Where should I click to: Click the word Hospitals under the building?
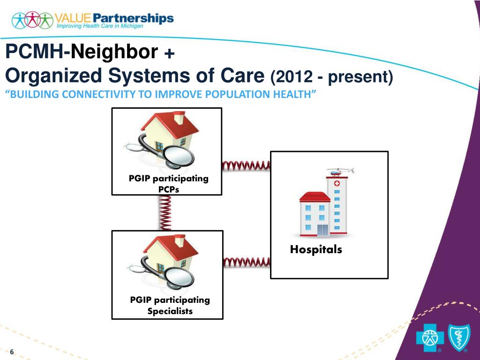click(x=316, y=250)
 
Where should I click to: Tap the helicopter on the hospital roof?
click(x=339, y=172)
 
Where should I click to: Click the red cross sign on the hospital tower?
click(x=336, y=185)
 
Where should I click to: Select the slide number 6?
click(x=12, y=352)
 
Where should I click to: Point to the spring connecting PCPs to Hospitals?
click(x=246, y=165)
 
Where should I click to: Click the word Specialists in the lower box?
click(x=170, y=311)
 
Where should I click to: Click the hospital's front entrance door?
click(x=323, y=230)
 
